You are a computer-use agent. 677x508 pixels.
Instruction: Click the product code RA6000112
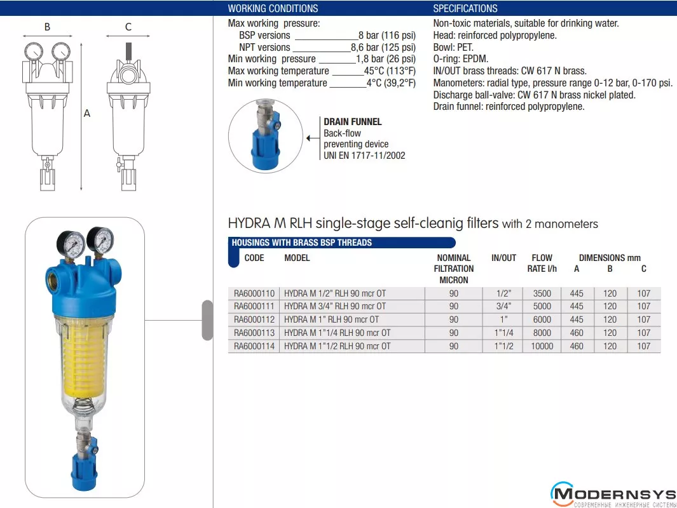pyautogui.click(x=254, y=319)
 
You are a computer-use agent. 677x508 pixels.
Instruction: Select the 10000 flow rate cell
pyautogui.click(x=542, y=346)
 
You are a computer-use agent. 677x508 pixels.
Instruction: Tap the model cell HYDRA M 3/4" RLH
pyautogui.click(x=335, y=306)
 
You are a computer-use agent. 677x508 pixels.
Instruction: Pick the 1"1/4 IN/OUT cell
pyautogui.click(x=504, y=333)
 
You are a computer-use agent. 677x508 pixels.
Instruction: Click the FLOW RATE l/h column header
pyautogui.click(x=542, y=263)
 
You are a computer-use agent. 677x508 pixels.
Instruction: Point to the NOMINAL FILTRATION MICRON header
pyautogui.click(x=454, y=269)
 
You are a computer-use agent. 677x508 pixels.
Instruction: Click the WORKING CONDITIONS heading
pyautogui.click(x=273, y=8)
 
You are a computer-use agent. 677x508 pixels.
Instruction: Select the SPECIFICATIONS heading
pyautogui.click(x=465, y=8)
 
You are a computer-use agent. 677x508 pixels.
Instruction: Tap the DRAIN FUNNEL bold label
pyautogui.click(x=353, y=122)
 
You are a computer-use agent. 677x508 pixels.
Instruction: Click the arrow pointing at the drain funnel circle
pyautogui.click(x=313, y=138)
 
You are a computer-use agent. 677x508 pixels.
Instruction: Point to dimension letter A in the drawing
pyautogui.click(x=87, y=114)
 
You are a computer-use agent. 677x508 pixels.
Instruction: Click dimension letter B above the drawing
pyautogui.click(x=48, y=27)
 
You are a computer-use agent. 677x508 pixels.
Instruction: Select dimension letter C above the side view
pyautogui.click(x=128, y=27)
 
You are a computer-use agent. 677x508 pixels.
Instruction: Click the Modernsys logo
pyautogui.click(x=613, y=495)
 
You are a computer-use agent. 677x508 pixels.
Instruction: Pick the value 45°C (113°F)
pyautogui.click(x=390, y=70)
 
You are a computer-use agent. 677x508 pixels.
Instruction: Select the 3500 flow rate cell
pyautogui.click(x=542, y=293)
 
